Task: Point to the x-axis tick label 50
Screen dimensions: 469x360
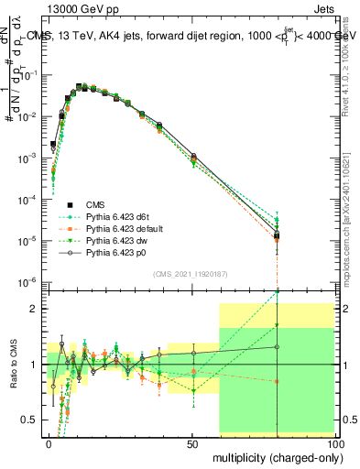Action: (x=191, y=443)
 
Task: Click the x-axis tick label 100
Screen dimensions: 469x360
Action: (x=333, y=443)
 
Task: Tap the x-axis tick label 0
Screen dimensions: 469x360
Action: (x=49, y=443)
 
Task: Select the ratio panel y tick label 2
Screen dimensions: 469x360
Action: (x=35, y=309)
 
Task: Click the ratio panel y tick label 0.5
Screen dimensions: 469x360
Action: (x=31, y=420)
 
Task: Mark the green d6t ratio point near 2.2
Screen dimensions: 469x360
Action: (x=277, y=292)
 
